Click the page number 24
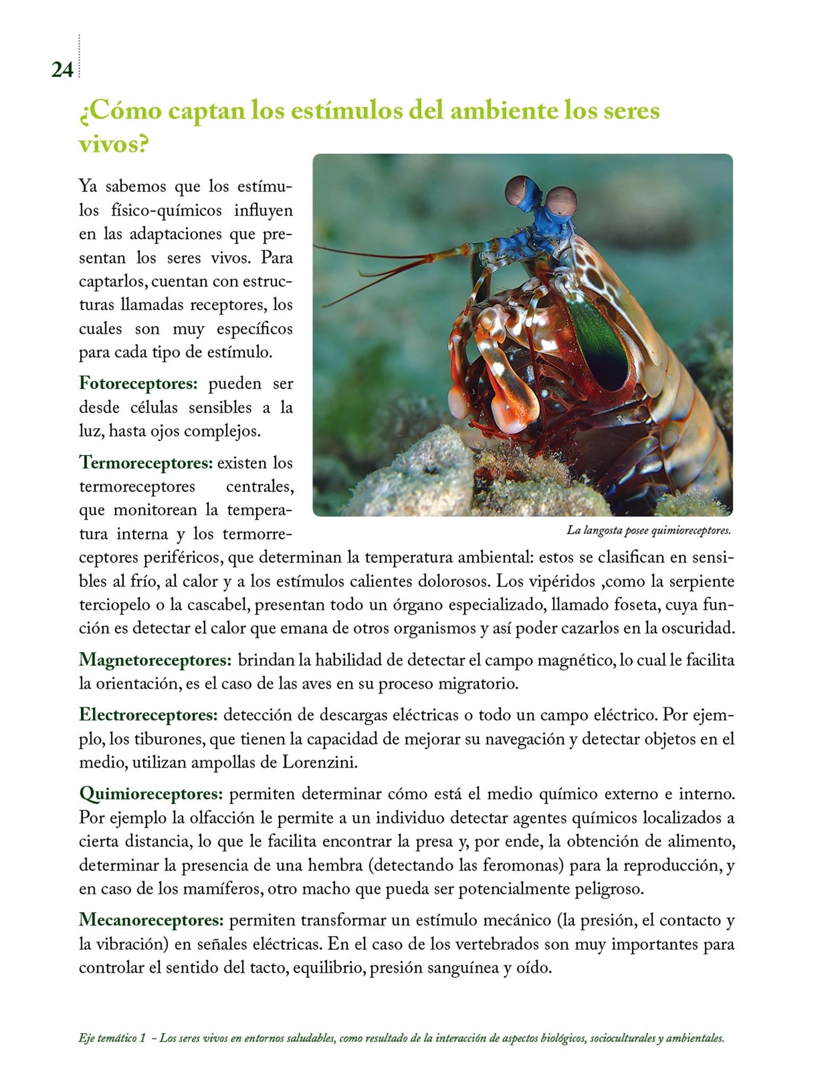62,70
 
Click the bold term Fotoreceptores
138,383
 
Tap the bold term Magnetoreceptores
155,661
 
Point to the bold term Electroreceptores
148,715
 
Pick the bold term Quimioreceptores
151,794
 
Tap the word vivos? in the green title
113,145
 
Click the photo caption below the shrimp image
649,531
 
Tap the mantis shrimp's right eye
561,203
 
